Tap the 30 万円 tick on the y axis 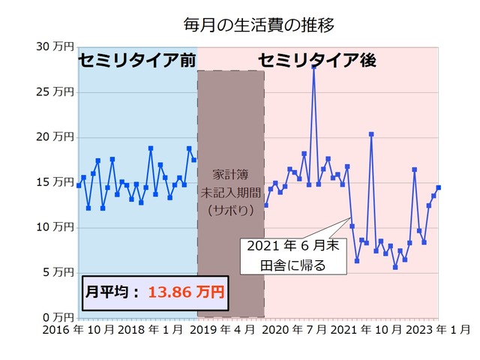tap(55, 47)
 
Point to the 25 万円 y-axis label tap(55, 92)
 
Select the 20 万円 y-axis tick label tap(55, 137)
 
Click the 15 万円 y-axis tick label tap(55, 182)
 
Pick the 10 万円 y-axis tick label tap(55, 227)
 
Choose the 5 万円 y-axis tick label tap(58, 272)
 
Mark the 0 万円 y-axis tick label tap(58, 317)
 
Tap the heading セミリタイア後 tap(317, 60)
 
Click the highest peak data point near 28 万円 tap(313, 66)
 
